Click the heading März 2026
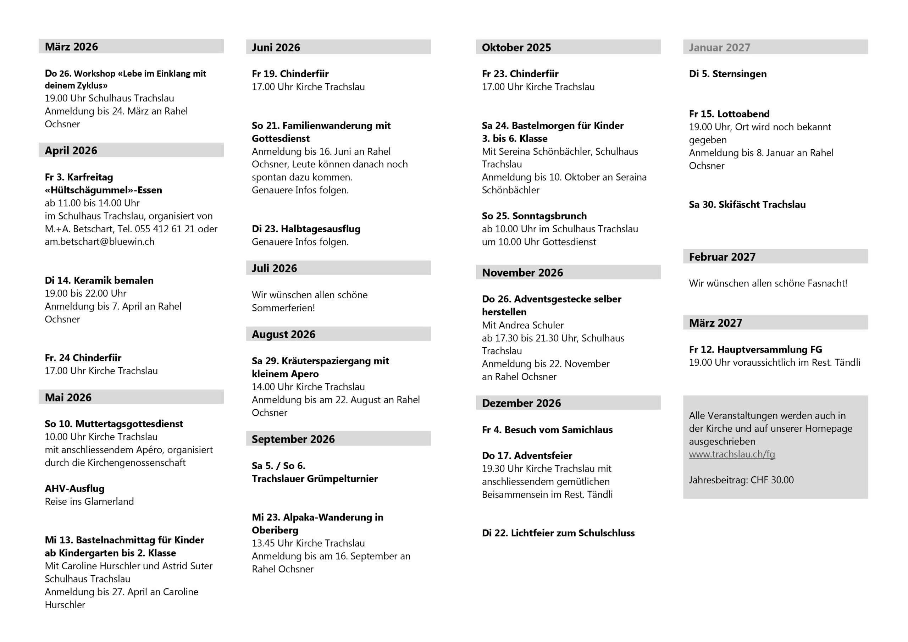pyautogui.click(x=72, y=47)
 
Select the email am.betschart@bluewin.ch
pyautogui.click(x=99, y=242)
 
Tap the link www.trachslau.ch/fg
pyautogui.click(x=732, y=454)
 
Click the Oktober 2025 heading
pyautogui.click(x=516, y=48)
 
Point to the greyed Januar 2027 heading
pyautogui.click(x=719, y=48)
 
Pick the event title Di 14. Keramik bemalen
pyautogui.click(x=99, y=281)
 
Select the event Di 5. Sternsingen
pyautogui.click(x=728, y=74)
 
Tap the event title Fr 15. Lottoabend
pyautogui.click(x=729, y=114)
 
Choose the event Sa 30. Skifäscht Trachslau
pyautogui.click(x=747, y=205)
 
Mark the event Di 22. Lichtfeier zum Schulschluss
pyautogui.click(x=558, y=533)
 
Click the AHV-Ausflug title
pyautogui.click(x=75, y=488)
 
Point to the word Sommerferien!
pyautogui.click(x=283, y=308)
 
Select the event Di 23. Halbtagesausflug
pyautogui.click(x=306, y=229)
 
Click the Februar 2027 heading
pyautogui.click(x=722, y=257)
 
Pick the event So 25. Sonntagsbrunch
pyautogui.click(x=534, y=216)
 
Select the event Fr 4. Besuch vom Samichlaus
pyautogui.click(x=547, y=430)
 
